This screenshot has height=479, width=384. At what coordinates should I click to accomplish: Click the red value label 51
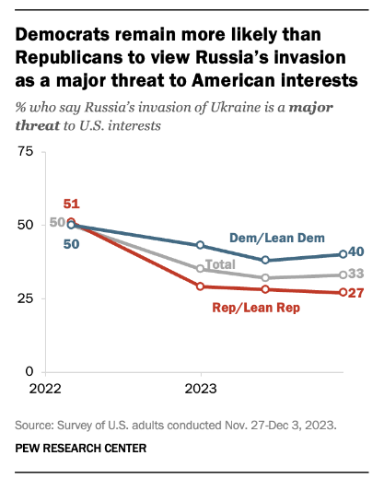click(72, 204)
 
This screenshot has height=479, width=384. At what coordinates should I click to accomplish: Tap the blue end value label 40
click(356, 251)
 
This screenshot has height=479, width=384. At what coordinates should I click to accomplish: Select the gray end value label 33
click(356, 274)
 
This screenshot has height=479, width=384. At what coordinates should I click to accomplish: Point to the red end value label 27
click(356, 293)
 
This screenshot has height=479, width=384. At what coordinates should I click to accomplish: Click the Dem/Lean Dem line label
click(277, 238)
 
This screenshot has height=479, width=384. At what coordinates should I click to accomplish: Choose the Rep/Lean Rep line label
click(256, 308)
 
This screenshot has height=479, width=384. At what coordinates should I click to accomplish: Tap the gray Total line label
click(220, 264)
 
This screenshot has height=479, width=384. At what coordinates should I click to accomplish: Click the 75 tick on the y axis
click(25, 151)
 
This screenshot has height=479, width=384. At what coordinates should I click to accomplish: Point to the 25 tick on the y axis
click(25, 298)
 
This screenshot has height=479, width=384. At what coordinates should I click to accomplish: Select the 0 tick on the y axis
click(29, 371)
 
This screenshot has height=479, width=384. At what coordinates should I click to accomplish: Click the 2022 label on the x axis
click(45, 389)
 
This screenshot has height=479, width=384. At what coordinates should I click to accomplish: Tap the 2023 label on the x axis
click(201, 389)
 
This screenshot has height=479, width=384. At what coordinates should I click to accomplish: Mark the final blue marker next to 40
click(343, 254)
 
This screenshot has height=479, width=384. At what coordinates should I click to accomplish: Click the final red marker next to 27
click(343, 292)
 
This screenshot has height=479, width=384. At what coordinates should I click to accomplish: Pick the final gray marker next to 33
click(343, 275)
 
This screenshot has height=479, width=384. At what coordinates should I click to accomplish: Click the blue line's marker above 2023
click(201, 245)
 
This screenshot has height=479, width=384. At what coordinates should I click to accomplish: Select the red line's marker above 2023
click(201, 286)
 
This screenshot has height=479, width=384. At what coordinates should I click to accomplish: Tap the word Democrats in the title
click(63, 34)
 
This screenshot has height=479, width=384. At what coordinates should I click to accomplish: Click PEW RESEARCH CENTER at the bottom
click(81, 449)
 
